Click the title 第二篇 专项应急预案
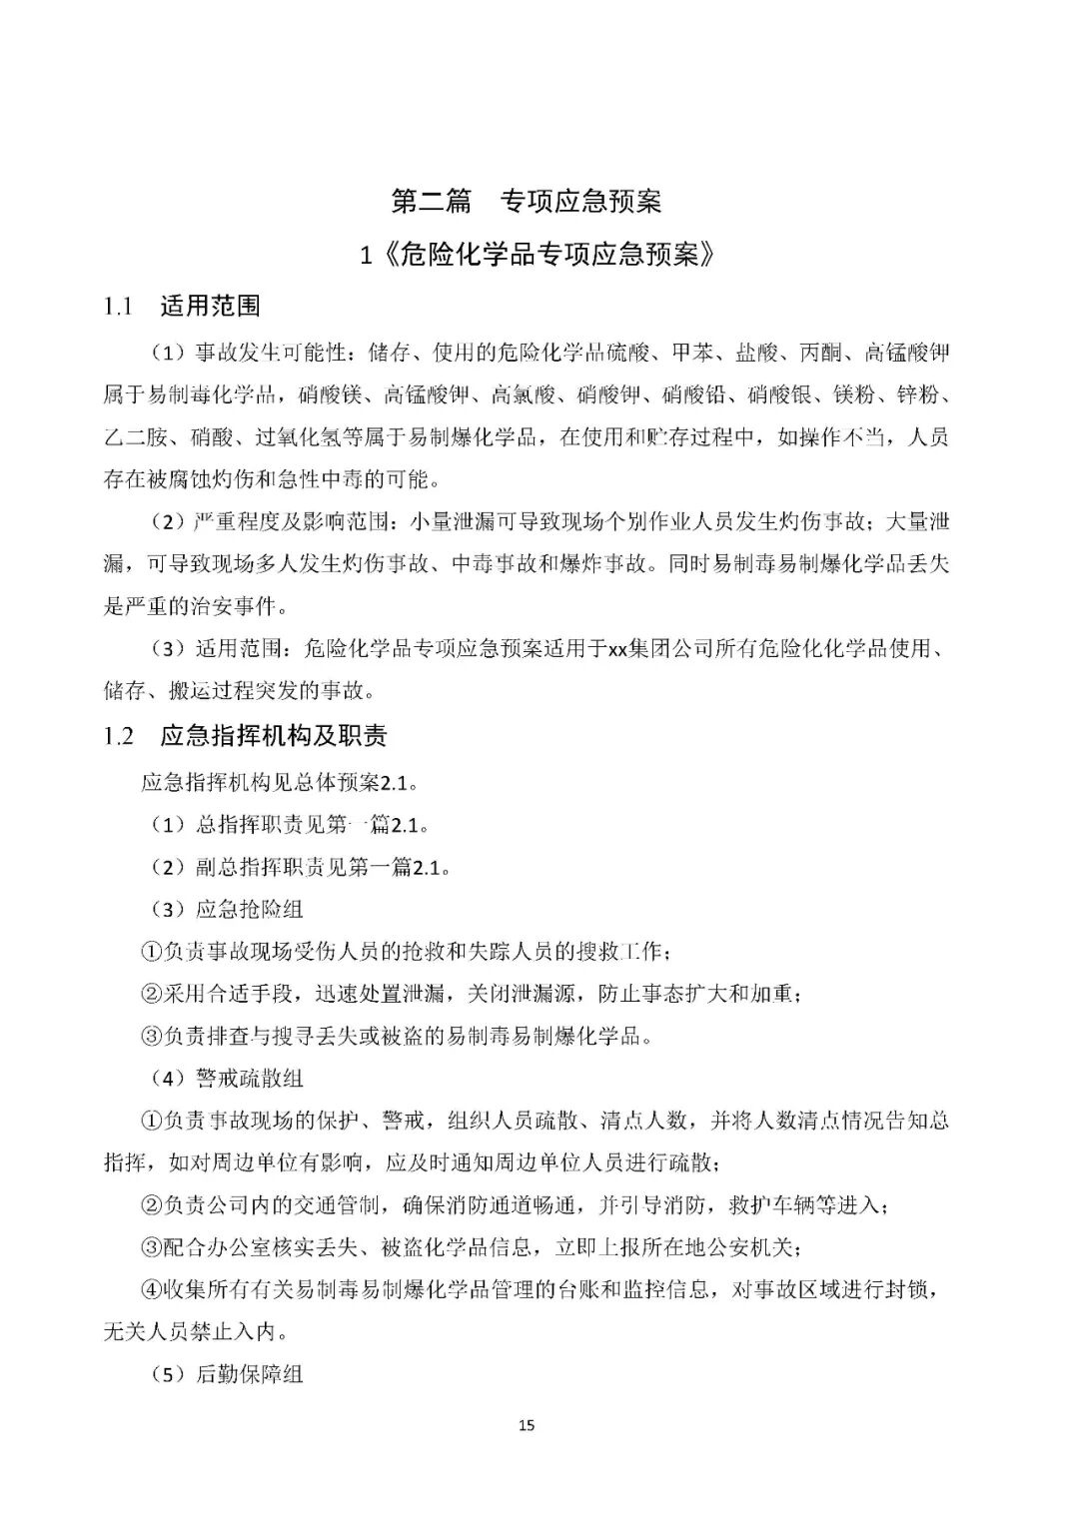coord(527,201)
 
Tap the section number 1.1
coord(118,307)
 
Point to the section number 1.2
coord(118,736)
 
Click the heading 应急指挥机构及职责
coord(273,736)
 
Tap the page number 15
coord(527,1424)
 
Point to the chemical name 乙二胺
coord(135,437)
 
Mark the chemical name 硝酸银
coord(779,394)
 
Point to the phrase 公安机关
coord(751,1247)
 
